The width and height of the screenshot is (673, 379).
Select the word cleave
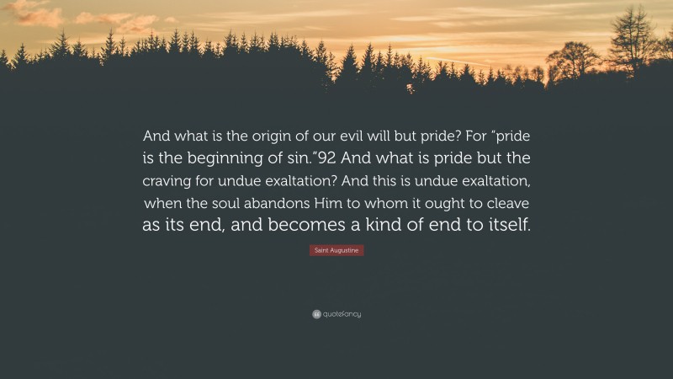507,202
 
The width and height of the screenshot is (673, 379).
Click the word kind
408,225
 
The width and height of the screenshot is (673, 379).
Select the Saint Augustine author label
336,251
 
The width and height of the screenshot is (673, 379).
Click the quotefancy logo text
342,314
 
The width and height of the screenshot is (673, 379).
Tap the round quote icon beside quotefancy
316,314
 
